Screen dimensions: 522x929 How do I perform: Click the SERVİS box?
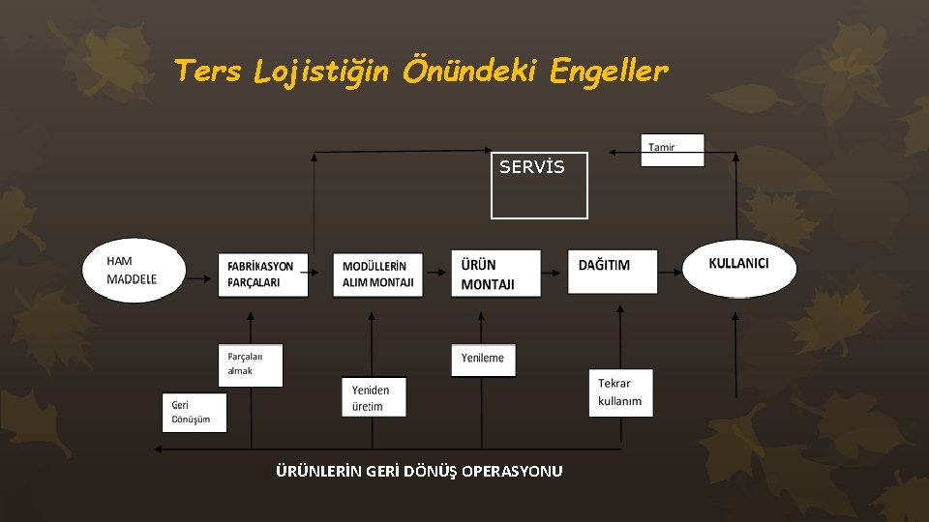[539, 184]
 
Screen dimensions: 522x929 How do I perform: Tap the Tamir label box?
[673, 150]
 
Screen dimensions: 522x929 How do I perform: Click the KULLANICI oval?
[739, 267]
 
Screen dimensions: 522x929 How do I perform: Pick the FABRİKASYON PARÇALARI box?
[261, 274]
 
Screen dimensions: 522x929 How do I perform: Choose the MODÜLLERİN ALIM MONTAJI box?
[378, 274]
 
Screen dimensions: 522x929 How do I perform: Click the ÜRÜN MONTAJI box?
[496, 274]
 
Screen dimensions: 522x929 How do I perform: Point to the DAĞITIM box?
[613, 272]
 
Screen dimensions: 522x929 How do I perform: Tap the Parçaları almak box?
[250, 364]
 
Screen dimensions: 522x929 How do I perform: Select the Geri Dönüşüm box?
[194, 412]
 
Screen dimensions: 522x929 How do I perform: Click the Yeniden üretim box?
[374, 397]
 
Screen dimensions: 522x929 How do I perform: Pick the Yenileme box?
[483, 359]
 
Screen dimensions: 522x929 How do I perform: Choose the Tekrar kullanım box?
[620, 392]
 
